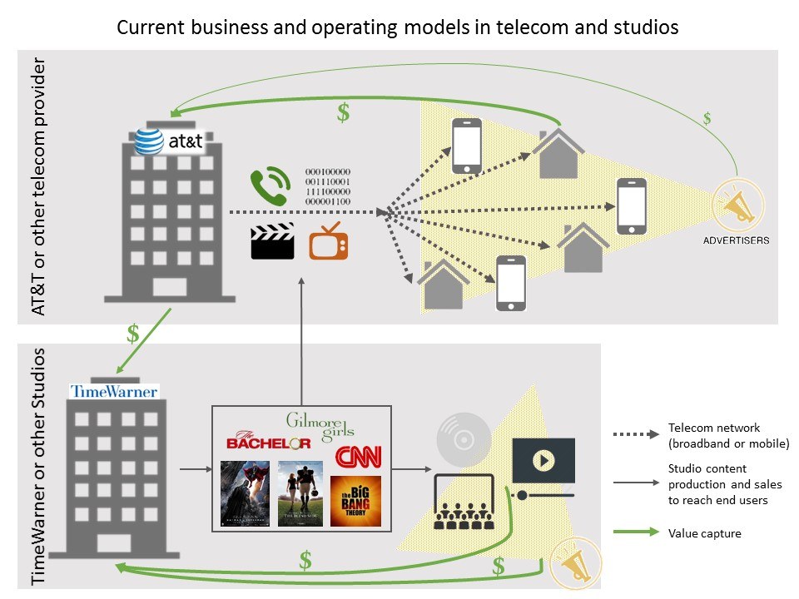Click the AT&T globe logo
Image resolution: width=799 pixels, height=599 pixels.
(x=150, y=141)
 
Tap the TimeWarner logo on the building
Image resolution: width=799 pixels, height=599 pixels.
(x=114, y=391)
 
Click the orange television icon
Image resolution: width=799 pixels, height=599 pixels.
(x=328, y=241)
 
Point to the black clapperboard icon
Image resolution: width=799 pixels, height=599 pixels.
(x=272, y=242)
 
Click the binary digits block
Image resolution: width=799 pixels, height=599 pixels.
(x=328, y=185)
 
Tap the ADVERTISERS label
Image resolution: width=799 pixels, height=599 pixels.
(x=736, y=240)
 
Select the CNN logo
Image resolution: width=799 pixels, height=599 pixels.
(x=358, y=456)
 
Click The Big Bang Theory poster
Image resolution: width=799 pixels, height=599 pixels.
(x=355, y=501)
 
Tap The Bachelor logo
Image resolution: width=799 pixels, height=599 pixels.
(x=268, y=442)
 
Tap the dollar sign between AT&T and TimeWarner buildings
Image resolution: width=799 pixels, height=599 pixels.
(x=132, y=334)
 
